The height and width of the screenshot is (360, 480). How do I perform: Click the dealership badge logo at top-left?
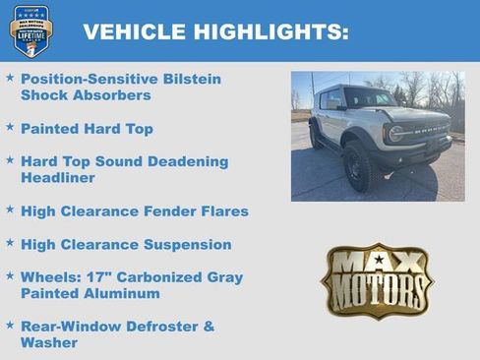30,30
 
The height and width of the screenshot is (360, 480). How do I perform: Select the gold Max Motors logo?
377,281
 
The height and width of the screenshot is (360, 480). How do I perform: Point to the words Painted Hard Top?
87,129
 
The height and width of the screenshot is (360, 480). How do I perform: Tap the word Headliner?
58,178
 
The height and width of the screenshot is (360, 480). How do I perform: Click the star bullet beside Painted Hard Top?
10,128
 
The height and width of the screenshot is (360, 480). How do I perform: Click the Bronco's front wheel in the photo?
357,168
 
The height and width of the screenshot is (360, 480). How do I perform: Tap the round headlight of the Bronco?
394,133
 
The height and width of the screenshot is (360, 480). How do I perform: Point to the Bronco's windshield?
369,98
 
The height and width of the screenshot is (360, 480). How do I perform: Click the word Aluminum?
122,294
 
